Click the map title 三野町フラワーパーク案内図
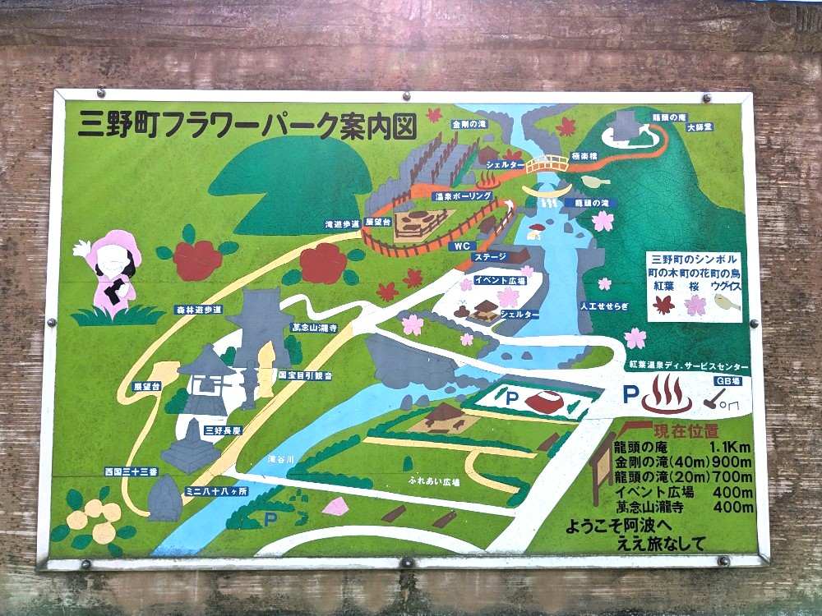[x=247, y=125]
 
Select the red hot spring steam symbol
[x=666, y=394]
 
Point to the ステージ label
[x=489, y=257]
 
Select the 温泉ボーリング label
[x=464, y=197]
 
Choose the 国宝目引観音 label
[x=306, y=375]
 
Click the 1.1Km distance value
[x=731, y=448]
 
